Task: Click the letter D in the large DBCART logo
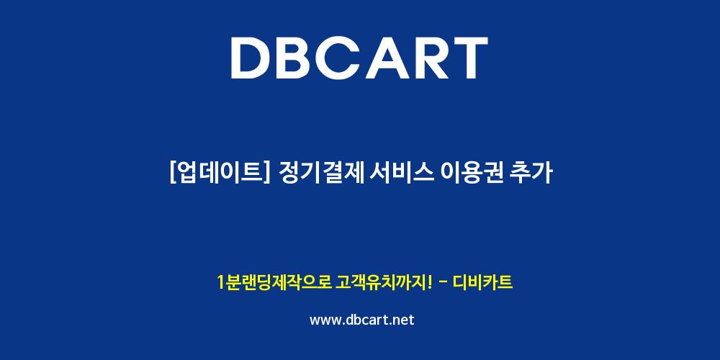pyautogui.click(x=252, y=58)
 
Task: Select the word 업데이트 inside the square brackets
pyautogui.click(x=219, y=174)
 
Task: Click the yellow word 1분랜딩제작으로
pyautogui.click(x=274, y=282)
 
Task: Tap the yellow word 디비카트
pyautogui.click(x=482, y=282)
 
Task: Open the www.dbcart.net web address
pyautogui.click(x=362, y=320)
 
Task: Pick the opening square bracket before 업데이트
pyautogui.click(x=173, y=174)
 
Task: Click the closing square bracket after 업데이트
pyautogui.click(x=266, y=174)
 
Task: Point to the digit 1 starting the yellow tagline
pyautogui.click(x=221, y=282)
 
